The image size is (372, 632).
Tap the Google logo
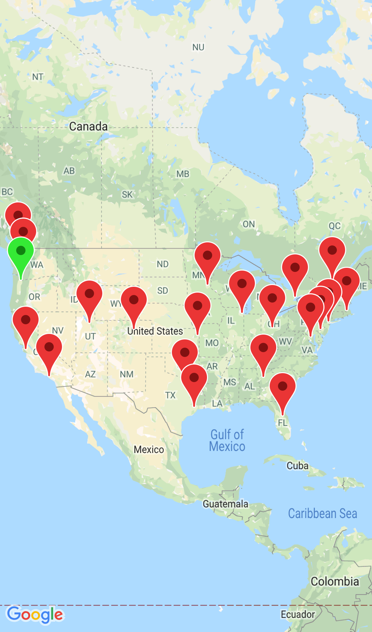[x=35, y=614]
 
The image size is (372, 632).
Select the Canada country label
[x=88, y=126]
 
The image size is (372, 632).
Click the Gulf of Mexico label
[x=227, y=441]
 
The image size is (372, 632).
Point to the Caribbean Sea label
[x=322, y=513]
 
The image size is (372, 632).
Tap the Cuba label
[x=297, y=466]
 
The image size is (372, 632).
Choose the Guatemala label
[x=225, y=504]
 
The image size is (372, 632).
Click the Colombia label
[x=335, y=581]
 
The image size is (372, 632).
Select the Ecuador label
[x=298, y=614]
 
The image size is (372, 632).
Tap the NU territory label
[x=198, y=47]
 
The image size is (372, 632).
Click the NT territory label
[x=38, y=77]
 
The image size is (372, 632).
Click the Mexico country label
[x=149, y=450]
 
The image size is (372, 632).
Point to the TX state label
[x=170, y=395]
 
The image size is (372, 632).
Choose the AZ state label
[x=90, y=374]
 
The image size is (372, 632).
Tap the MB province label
[x=183, y=174]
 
